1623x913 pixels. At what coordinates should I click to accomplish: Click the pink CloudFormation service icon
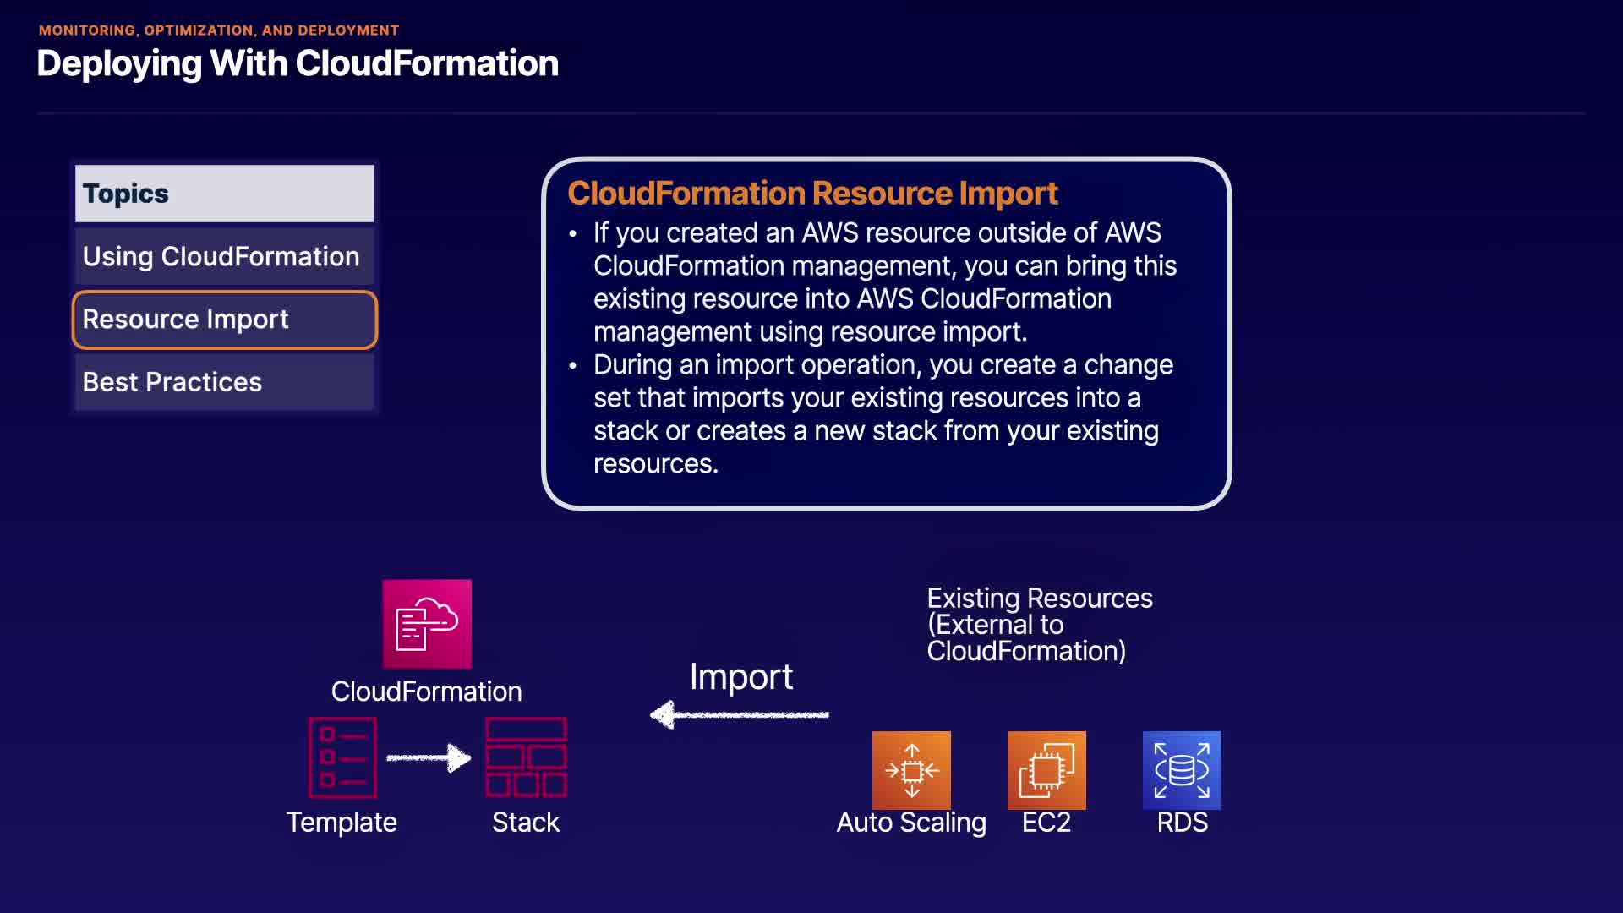pos(427,624)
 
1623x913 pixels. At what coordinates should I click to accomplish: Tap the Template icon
pos(342,757)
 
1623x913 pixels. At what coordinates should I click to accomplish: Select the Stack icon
pos(526,757)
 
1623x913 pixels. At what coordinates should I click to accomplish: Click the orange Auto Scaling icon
pos(911,770)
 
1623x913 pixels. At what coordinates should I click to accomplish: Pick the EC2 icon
pos(1046,770)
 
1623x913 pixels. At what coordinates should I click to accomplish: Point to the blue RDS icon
pos(1182,770)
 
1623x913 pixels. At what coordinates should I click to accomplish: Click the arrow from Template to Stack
pos(429,757)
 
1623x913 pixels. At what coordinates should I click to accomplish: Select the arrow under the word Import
pos(740,715)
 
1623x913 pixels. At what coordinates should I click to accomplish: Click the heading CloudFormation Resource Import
pos(812,194)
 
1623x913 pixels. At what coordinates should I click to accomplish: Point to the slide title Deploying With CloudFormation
pos(298,63)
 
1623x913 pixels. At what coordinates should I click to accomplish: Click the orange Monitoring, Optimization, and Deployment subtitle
pos(219,30)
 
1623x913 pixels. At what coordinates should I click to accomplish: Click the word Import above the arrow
pos(741,676)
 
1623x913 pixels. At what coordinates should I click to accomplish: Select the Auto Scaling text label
pos(911,823)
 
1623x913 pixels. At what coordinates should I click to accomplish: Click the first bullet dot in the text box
pos(573,233)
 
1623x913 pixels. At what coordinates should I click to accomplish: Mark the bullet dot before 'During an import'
pos(573,365)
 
